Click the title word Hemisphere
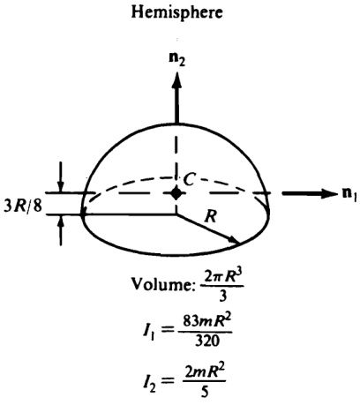176,12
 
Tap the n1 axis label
349,194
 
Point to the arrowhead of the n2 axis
176,79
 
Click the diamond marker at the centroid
176,193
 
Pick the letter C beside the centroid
189,179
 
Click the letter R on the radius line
211,217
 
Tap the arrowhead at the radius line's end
235,240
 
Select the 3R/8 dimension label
23,206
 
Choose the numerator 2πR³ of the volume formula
222,277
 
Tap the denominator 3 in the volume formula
222,296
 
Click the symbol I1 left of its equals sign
149,332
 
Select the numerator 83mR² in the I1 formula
206,323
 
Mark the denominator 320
207,341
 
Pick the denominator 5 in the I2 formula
205,391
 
